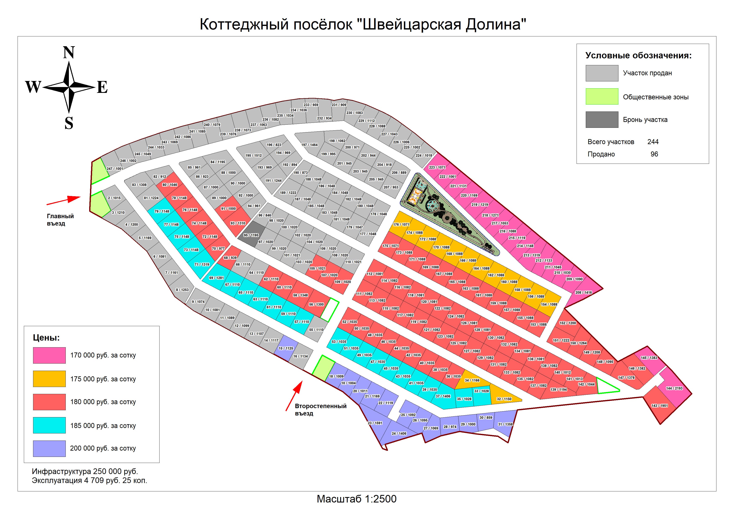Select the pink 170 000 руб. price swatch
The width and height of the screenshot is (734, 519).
(49, 355)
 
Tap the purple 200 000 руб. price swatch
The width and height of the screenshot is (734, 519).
(49, 448)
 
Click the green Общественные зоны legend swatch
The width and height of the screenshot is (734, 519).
(602, 96)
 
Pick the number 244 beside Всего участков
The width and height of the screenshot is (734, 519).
(653, 142)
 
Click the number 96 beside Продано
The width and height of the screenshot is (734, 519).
(654, 154)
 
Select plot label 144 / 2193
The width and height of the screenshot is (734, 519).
(674, 388)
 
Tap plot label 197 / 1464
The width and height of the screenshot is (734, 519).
(309, 145)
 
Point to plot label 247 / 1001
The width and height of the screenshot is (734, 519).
(115, 169)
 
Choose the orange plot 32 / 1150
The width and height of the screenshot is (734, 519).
(504, 396)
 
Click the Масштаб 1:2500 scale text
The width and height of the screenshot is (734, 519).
(357, 499)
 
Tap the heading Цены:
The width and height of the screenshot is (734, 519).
(46, 338)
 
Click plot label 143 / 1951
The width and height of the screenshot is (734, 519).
(659, 406)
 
